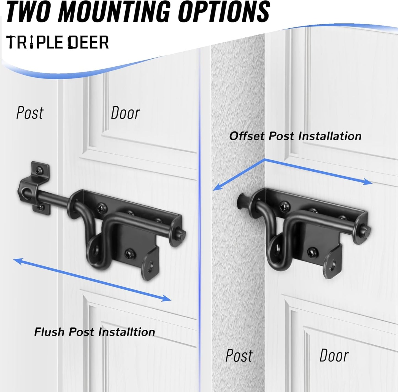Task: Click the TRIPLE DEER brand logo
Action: click(x=58, y=42)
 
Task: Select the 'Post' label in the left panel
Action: click(x=30, y=113)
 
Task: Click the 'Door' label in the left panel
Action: click(x=125, y=113)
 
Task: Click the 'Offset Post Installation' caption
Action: click(x=295, y=136)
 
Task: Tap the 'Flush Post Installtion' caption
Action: click(x=94, y=332)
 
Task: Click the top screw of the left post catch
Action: click(x=39, y=170)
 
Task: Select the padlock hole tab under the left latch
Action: click(x=150, y=266)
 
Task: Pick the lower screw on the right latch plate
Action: click(x=312, y=252)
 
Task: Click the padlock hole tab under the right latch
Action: click(x=332, y=265)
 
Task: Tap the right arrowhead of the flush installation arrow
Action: click(x=166, y=298)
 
